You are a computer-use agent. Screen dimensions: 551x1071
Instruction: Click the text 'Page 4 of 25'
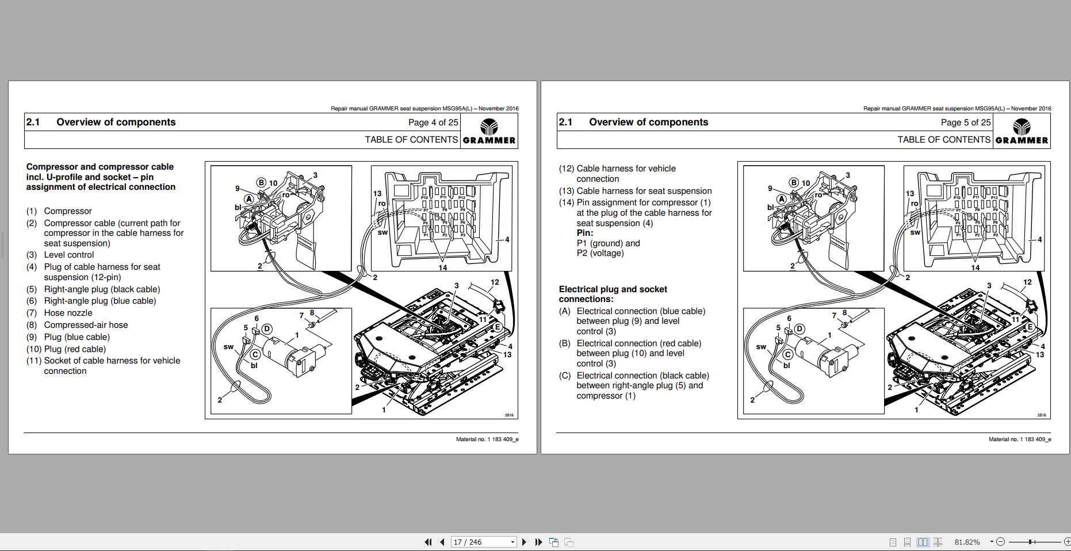pos(433,123)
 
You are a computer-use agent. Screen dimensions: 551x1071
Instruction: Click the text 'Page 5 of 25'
pos(965,123)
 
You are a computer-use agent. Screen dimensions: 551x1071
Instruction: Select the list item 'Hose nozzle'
pos(68,313)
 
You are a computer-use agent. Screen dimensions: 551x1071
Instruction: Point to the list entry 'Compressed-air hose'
pos(86,325)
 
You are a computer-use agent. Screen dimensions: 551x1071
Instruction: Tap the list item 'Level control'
pos(68,255)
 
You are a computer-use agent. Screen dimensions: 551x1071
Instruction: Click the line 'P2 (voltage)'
pos(600,253)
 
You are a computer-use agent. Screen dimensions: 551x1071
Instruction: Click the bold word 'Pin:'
pos(584,233)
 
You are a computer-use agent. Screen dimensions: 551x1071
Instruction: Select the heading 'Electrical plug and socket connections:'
pos(613,294)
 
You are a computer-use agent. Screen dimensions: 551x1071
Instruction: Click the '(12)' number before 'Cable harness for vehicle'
pos(566,169)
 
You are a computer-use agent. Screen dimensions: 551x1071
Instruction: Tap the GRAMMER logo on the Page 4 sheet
pos(489,131)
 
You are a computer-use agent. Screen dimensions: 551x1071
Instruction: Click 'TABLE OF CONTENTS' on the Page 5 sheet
pos(943,140)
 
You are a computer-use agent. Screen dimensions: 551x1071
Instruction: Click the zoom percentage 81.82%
pos(967,542)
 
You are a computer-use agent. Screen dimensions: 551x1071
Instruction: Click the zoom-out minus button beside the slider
pos(1000,542)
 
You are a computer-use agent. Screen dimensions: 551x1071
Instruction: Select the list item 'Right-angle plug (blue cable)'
pos(100,301)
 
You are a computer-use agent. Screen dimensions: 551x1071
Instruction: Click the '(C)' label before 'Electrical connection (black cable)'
pos(564,376)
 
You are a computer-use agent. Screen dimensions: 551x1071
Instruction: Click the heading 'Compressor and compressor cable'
pos(100,167)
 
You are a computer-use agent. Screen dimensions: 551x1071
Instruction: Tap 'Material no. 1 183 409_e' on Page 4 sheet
pos(487,439)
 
